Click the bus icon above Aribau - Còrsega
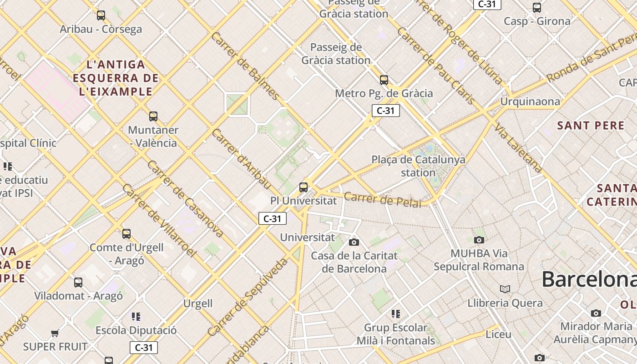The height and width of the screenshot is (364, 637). pos(101,15)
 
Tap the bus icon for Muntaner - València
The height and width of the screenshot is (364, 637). pos(153,116)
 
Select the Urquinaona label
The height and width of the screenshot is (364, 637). pos(530,101)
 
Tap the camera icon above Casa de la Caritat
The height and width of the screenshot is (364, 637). pos(354,242)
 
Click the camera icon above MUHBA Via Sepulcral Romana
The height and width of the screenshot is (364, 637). pos(479,240)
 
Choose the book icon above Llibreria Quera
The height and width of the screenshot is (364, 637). pos(505,289)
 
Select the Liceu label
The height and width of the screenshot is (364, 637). pos(499,334)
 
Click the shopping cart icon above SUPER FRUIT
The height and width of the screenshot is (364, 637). pos(55,333)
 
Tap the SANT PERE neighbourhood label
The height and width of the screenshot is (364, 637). pos(591,126)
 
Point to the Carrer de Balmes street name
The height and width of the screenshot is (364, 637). pos(245,66)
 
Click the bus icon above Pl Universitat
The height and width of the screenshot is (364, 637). pos(303,187)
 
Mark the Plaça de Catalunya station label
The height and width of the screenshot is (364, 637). pos(419,166)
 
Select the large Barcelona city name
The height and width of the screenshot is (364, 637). pos(589,279)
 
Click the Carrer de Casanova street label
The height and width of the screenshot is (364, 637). pos(185,199)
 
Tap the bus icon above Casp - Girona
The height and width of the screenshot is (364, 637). pos(537,7)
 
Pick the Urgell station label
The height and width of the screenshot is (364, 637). pos(198,303)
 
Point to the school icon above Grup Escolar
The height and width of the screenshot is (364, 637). pos(396,313)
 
